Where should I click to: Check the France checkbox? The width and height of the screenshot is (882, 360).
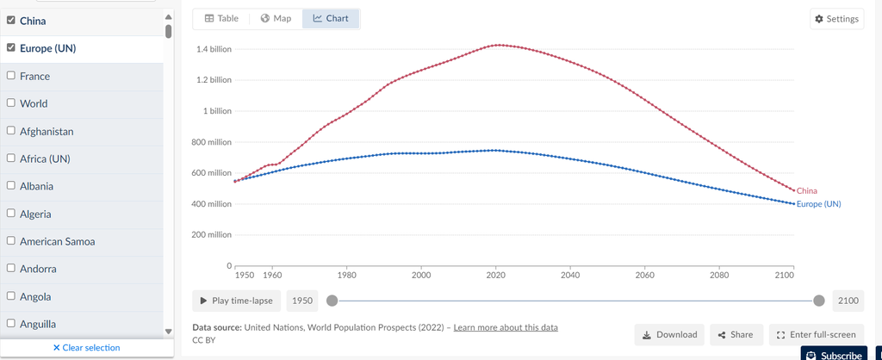pyautogui.click(x=11, y=76)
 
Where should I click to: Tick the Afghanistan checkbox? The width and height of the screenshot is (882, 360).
pyautogui.click(x=11, y=131)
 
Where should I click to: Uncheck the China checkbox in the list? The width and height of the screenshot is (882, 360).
pyautogui.click(x=11, y=21)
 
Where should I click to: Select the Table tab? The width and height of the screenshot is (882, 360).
pyautogui.click(x=221, y=18)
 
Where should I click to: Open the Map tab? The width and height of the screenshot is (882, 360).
pyautogui.click(x=276, y=18)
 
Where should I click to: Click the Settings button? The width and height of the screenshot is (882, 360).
pyautogui.click(x=835, y=19)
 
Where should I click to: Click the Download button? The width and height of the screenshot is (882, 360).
pyautogui.click(x=669, y=334)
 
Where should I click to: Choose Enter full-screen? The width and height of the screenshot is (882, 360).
pyautogui.click(x=816, y=334)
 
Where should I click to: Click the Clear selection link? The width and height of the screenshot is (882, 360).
pyautogui.click(x=86, y=348)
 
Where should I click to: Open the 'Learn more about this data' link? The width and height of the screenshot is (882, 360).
pyautogui.click(x=506, y=327)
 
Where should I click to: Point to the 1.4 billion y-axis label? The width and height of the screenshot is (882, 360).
pyautogui.click(x=214, y=49)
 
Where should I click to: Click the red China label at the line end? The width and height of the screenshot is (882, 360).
pyautogui.click(x=807, y=190)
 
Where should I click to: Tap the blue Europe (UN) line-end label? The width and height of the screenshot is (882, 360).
pyautogui.click(x=818, y=204)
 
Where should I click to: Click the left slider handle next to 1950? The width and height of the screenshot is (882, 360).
pyautogui.click(x=332, y=301)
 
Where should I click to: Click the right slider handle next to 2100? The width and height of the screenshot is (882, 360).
pyautogui.click(x=819, y=301)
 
